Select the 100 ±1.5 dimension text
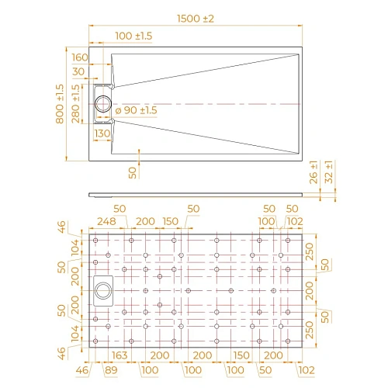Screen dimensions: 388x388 pos(133,36)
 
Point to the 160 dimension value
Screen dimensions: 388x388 pos(80,57)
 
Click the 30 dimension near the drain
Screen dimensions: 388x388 pos(80,72)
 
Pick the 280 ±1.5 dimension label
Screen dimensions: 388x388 pos(74,103)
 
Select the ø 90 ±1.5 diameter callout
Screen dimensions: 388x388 pos(136,111)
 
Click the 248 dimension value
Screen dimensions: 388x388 pos(107,221)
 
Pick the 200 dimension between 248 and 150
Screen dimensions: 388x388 pos(144,221)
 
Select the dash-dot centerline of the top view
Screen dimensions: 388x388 pos(217,103)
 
